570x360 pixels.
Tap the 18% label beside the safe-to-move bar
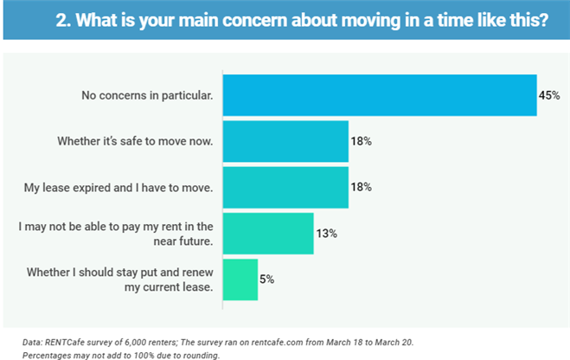pyautogui.click(x=361, y=141)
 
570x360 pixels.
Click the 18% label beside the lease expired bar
pyautogui.click(x=361, y=187)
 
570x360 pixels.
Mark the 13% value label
pyautogui.click(x=326, y=233)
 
